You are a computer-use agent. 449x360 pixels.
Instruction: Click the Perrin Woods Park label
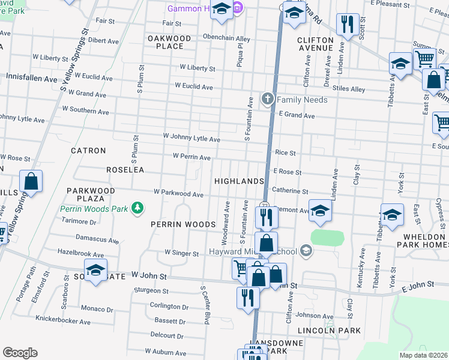click(x=94, y=209)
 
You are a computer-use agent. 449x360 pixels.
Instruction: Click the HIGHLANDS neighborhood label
click(x=239, y=181)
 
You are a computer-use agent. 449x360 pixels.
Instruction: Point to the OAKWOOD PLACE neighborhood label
click(x=169, y=42)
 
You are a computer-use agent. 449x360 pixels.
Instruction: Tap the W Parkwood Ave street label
click(x=178, y=194)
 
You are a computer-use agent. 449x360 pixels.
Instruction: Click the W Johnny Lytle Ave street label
click(x=191, y=139)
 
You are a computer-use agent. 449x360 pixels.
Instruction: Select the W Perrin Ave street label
click(x=191, y=157)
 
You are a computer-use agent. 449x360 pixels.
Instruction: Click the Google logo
click(x=20, y=352)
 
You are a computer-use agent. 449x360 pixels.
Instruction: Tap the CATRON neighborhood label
click(x=88, y=151)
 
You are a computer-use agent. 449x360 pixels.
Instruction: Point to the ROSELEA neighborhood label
click(x=125, y=170)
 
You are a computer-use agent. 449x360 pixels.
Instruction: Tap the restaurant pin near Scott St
click(x=348, y=24)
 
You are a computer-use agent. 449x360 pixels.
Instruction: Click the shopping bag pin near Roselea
click(x=31, y=181)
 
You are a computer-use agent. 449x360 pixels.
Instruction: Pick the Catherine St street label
click(x=290, y=191)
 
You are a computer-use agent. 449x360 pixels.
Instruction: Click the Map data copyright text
click(x=423, y=355)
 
